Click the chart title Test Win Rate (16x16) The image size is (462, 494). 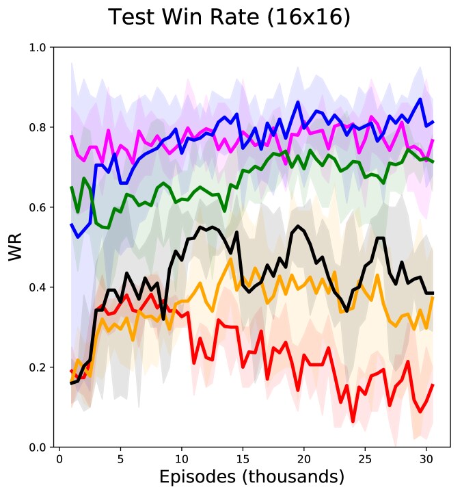230,17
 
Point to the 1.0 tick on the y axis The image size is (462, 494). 37,48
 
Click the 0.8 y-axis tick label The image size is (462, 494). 37,127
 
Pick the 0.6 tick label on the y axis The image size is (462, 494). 37,207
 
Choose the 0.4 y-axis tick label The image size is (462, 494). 37,287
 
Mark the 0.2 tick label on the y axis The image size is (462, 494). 37,367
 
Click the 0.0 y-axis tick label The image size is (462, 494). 37,447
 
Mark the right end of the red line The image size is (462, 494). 433,385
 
